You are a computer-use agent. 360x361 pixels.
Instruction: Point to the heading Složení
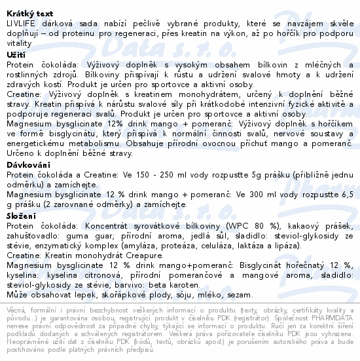pyautogui.click(x=23, y=215)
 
